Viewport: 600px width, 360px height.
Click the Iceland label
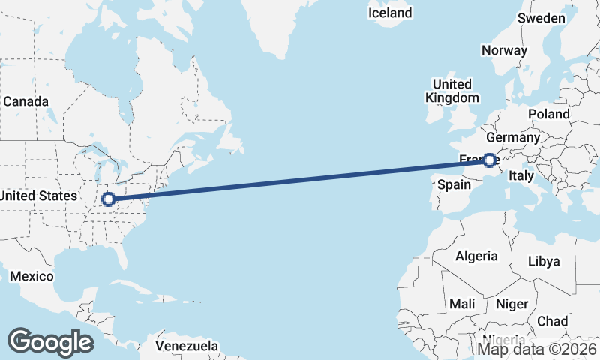[390, 13]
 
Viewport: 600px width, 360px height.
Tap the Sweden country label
[541, 18]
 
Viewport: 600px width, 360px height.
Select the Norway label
[504, 51]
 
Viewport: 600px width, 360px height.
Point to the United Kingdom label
[451, 91]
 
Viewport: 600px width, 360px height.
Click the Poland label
[548, 114]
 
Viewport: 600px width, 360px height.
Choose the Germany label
[512, 138]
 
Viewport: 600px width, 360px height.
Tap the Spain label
[454, 185]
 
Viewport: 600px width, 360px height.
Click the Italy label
[520, 175]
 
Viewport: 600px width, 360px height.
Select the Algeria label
[476, 256]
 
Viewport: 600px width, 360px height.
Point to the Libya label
[544, 262]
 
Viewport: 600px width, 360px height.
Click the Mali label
[462, 304]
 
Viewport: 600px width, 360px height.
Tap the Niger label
[512, 304]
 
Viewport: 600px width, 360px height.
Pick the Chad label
[552, 321]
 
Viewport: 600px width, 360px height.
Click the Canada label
[25, 101]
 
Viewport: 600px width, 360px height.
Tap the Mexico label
[31, 277]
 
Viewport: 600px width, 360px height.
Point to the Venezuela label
[187, 346]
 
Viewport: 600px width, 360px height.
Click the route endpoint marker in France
[489, 160]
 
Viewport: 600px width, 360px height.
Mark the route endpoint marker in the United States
[109, 199]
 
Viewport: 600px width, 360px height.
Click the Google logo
[50, 341]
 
